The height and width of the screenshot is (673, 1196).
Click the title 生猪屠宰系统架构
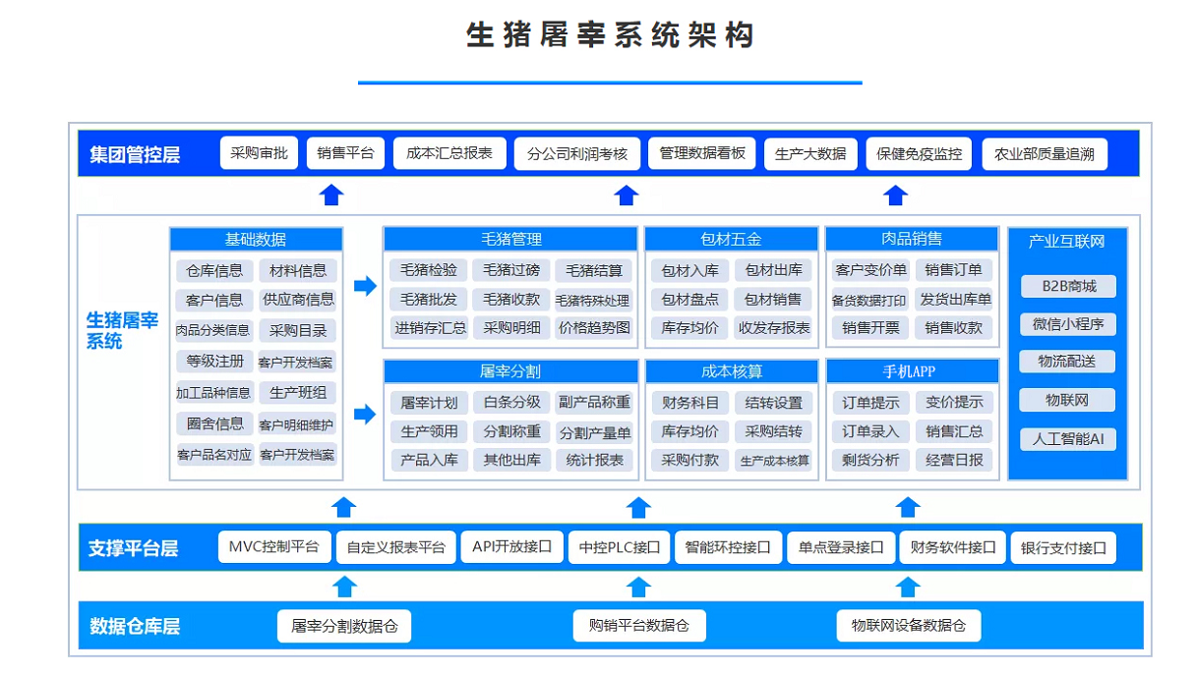coord(610,35)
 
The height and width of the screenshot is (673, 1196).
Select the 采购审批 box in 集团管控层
coord(259,153)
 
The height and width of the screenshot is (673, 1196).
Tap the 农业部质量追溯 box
coord(1044,154)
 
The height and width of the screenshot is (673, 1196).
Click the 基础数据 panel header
coord(256,239)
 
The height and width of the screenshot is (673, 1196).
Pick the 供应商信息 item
coord(298,300)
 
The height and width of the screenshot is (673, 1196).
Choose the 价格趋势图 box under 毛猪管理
coord(594,328)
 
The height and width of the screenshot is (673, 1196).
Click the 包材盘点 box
coord(689,300)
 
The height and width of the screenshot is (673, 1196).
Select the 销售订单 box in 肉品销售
coord(954,270)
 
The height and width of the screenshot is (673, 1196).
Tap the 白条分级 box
coord(511,402)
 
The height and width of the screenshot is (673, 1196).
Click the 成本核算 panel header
coord(731,371)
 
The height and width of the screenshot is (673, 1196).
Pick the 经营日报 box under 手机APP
coord(954,460)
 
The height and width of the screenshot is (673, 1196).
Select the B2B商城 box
coord(1067,287)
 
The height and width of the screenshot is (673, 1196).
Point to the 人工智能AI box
coord(1067,439)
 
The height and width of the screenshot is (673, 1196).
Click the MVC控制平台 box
coord(273,547)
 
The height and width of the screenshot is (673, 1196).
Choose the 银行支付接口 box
coord(1063,548)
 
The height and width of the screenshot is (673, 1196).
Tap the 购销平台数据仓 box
coord(639,626)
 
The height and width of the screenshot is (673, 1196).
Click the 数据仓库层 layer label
coord(135,626)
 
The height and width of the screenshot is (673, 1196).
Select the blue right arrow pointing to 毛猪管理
coord(365,286)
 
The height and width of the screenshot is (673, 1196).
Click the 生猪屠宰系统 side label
coord(122,331)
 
